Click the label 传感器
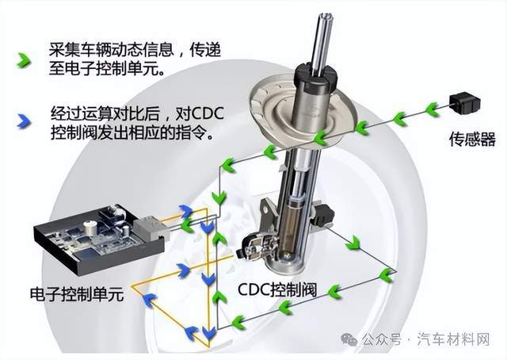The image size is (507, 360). pyautogui.click(x=471, y=140)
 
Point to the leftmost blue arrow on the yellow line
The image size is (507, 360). pyautogui.click(x=147, y=298)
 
